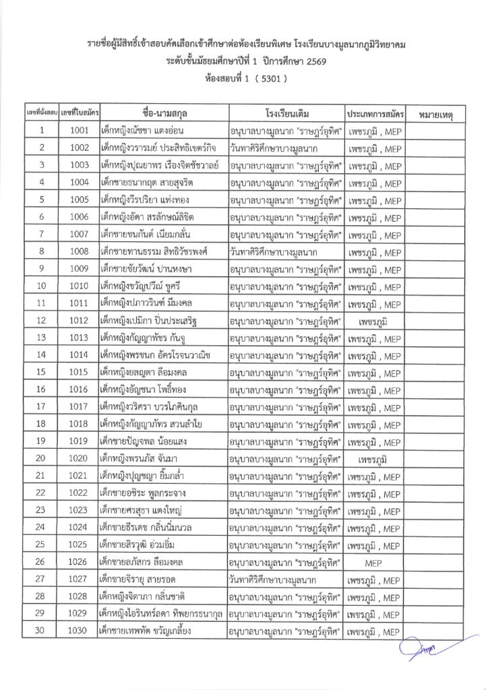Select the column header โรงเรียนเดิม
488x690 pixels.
coord(286,112)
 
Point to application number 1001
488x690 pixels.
coord(80,131)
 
